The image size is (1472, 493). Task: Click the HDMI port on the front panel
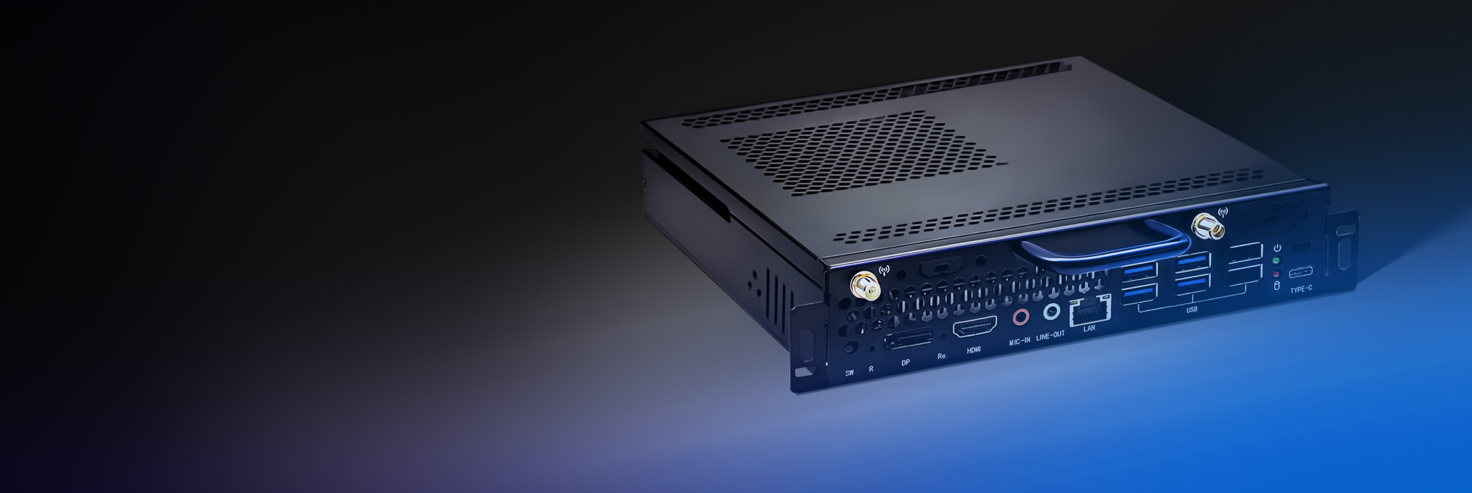[x=975, y=328]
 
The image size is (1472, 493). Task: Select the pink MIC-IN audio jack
[x=1020, y=317]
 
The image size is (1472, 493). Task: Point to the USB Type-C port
[x=1301, y=272]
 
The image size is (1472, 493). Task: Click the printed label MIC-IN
[x=1019, y=342]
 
